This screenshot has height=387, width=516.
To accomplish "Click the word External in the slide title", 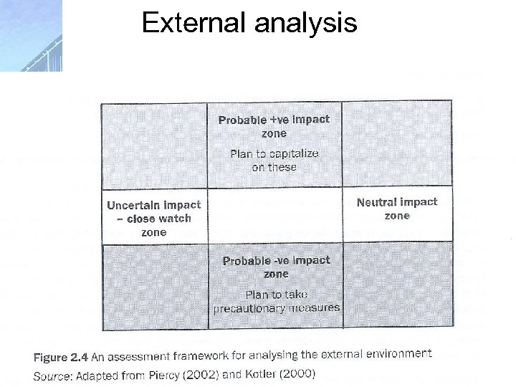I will click(188, 24).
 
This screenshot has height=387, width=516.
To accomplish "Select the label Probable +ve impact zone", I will click(274, 126).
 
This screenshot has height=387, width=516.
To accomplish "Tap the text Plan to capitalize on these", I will click(274, 160).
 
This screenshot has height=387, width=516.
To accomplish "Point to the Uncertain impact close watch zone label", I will click(154, 218).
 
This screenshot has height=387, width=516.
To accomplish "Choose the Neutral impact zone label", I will click(397, 209).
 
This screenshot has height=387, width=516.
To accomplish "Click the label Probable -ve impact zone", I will click(276, 267).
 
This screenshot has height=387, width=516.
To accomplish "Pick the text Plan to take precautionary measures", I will click(277, 301).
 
